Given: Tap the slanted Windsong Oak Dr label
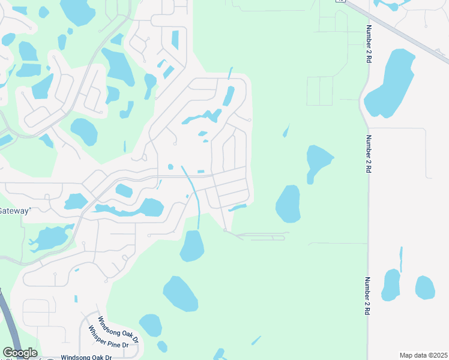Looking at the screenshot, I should [118, 329].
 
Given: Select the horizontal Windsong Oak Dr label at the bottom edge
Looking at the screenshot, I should [86, 357].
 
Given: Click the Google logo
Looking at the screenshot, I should [19, 353].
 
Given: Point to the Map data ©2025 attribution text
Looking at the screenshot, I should [423, 355].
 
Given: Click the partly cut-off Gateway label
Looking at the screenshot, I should [14, 211].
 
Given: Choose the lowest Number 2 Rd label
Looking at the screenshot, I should [367, 296].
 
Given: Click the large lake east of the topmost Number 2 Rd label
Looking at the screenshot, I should [392, 84].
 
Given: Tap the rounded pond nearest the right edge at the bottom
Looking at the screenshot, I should [425, 287].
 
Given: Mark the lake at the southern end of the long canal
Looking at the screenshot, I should [192, 246].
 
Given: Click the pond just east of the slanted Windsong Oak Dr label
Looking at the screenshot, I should [151, 325].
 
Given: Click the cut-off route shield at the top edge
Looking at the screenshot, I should [341, 1].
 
